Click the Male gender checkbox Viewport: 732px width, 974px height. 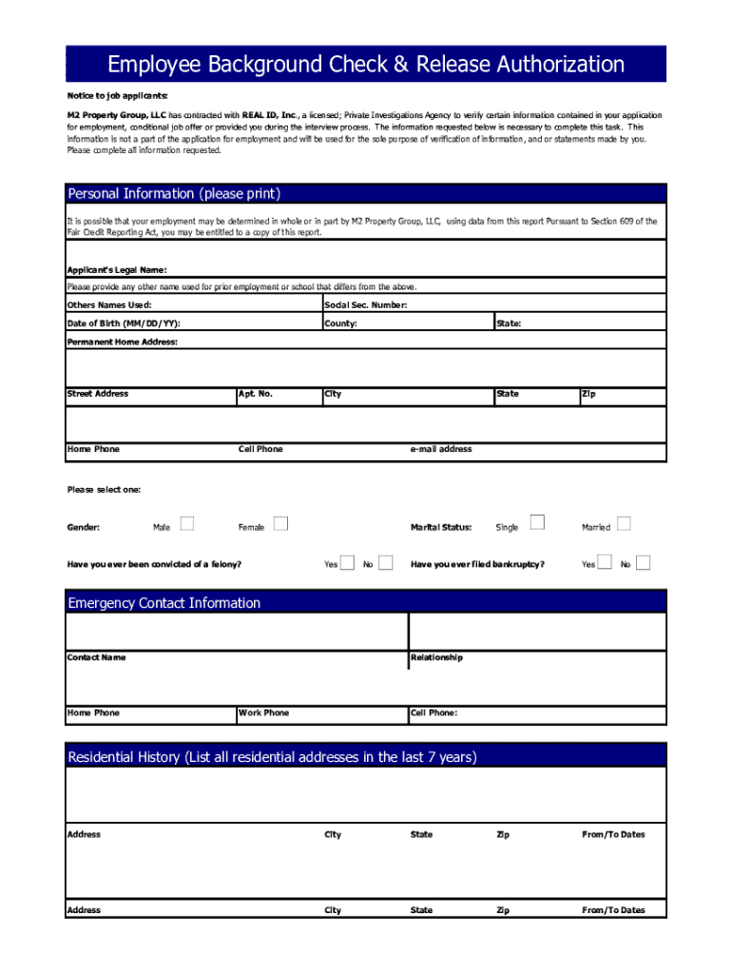tap(187, 522)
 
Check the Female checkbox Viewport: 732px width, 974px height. tap(280, 522)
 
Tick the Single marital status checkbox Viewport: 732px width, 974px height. tap(537, 522)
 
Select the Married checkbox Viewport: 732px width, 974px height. tap(624, 522)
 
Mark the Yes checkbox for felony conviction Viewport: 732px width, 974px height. tap(348, 563)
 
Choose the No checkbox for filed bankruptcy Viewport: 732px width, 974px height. tap(644, 563)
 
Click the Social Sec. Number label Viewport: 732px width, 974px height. tap(366, 305)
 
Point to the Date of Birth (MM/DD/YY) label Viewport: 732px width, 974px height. tap(124, 323)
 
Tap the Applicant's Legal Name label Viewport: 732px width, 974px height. tap(117, 269)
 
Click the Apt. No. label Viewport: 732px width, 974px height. tap(256, 394)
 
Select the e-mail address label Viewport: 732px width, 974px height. tap(441, 449)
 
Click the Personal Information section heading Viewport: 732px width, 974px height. tap(174, 194)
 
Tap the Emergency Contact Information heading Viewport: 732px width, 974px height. tap(164, 603)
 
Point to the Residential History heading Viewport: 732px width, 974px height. tap(272, 757)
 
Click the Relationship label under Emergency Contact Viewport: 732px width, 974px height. tap(436, 657)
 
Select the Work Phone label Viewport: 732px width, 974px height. tap(264, 712)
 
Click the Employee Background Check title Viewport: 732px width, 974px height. tap(366, 65)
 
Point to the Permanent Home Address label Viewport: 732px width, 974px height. tap(122, 341)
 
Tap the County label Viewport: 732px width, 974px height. tap(340, 323)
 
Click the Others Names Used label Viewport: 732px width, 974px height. tap(109, 305)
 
